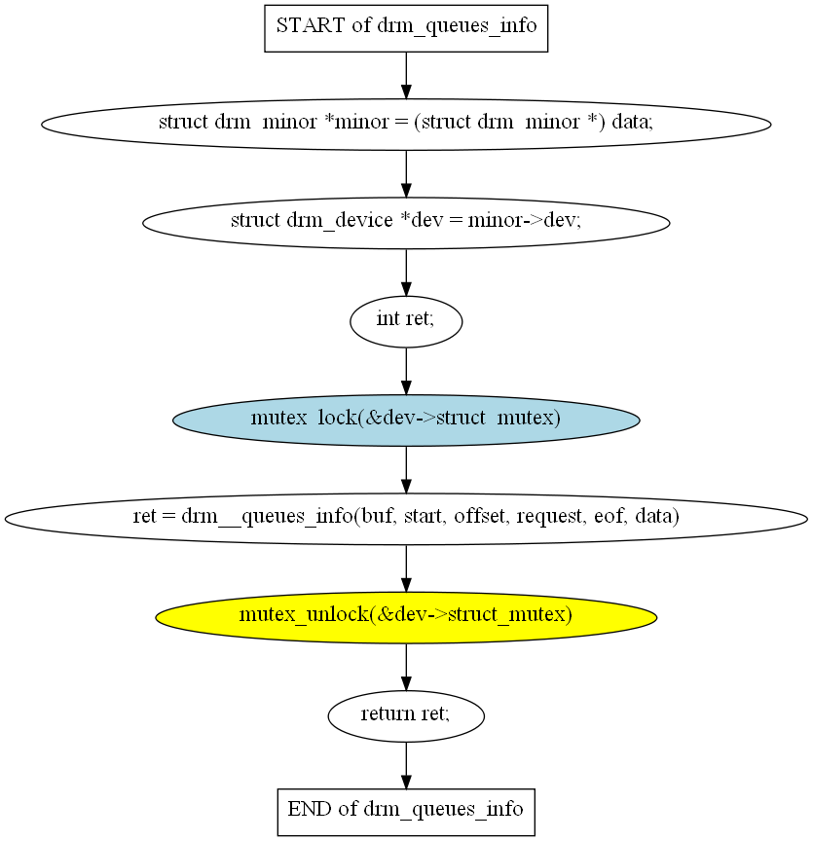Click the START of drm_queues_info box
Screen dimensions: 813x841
click(x=406, y=28)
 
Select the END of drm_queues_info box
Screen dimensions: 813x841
click(x=406, y=812)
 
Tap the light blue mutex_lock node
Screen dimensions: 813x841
click(x=406, y=420)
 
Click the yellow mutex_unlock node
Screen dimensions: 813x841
click(x=406, y=617)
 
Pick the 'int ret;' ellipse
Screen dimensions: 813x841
click(x=406, y=322)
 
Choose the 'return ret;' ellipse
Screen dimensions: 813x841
click(x=406, y=716)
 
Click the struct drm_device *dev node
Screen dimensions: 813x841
click(x=406, y=223)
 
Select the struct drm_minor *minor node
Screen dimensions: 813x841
click(x=406, y=125)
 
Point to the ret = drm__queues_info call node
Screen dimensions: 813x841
click(x=406, y=519)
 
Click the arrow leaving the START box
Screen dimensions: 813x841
click(x=406, y=76)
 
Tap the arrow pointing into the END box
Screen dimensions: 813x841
click(x=406, y=766)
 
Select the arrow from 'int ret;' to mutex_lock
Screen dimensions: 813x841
click(x=406, y=371)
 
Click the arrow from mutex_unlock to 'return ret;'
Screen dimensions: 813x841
click(x=406, y=667)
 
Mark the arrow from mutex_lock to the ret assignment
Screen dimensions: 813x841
click(x=406, y=470)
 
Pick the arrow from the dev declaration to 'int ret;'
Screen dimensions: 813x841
click(x=406, y=273)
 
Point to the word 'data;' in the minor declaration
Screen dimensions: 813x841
click(x=633, y=123)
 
